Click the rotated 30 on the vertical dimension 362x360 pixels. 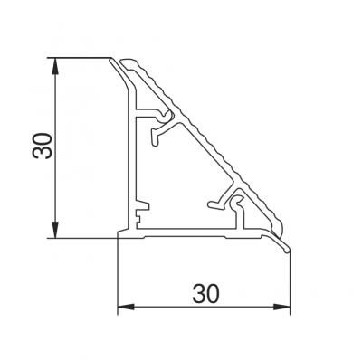point(43,146)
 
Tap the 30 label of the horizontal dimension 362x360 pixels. point(205,293)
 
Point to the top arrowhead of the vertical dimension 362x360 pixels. point(55,65)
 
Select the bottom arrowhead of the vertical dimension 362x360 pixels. point(55,230)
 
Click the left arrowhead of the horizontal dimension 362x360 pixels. point(126,307)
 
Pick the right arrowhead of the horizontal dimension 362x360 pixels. point(281,307)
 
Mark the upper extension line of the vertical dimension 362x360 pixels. point(79,57)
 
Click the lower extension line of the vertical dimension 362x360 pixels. point(82,238)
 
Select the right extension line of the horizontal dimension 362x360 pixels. point(290,283)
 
